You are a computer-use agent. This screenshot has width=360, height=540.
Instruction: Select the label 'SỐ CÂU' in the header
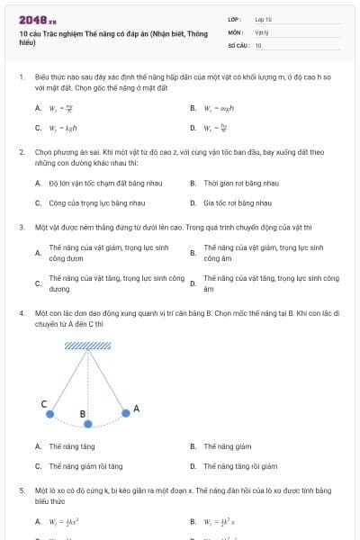[x=238, y=44]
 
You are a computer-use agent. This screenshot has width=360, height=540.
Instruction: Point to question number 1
[x=22, y=78]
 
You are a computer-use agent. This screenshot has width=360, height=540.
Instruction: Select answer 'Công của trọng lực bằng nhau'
[x=91, y=203]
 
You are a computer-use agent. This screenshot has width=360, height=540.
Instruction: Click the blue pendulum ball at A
[x=125, y=414]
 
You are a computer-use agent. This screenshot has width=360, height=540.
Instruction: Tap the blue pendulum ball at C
[x=50, y=414]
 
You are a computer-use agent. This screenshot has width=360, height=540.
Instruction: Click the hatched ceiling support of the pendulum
[x=88, y=345]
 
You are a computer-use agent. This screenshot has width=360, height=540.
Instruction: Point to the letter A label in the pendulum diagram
[x=137, y=409]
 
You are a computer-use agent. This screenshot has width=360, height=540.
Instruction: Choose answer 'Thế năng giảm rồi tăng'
[x=85, y=466]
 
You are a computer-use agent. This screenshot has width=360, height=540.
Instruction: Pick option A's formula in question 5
[x=66, y=521]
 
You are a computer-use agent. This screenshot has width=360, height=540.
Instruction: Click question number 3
[x=22, y=226]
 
